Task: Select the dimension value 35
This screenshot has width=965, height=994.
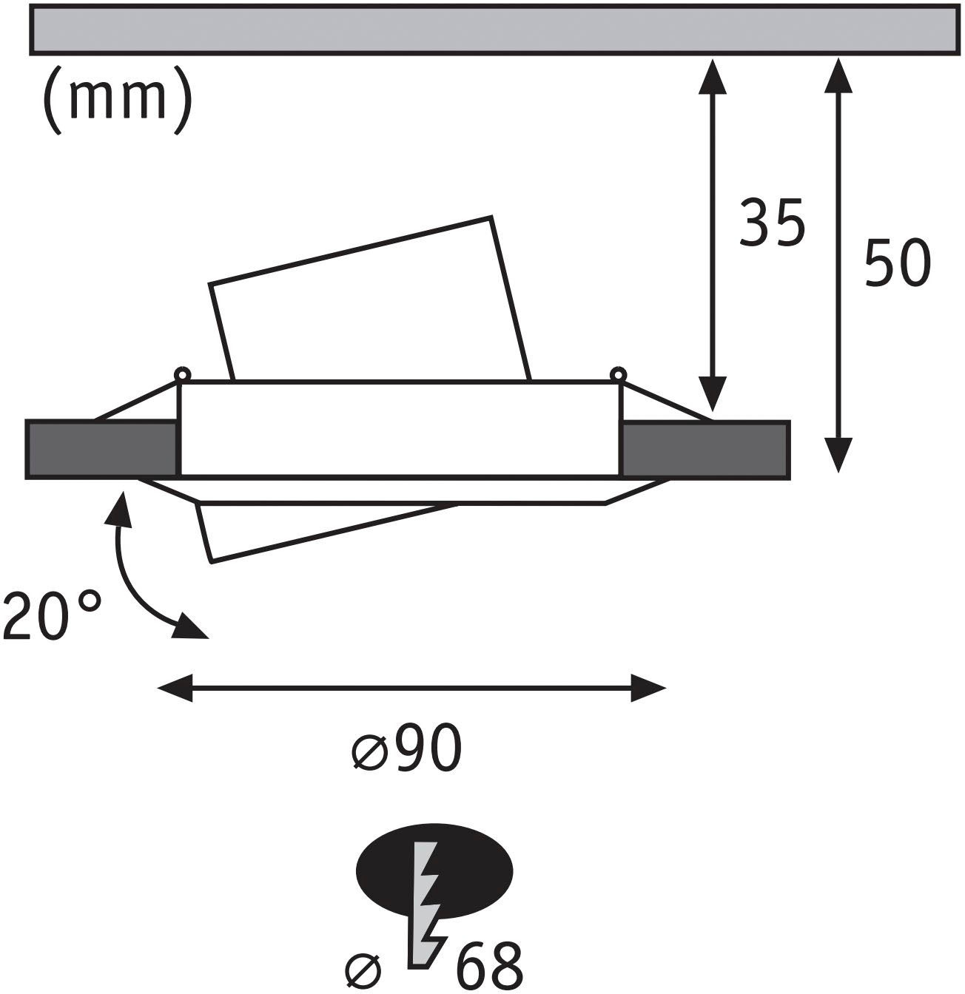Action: coord(771,223)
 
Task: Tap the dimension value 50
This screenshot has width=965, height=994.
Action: coord(896,264)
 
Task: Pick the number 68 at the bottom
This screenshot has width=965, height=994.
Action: coord(489,964)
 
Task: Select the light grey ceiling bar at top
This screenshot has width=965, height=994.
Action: coord(492,29)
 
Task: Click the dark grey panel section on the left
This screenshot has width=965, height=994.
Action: coord(102,449)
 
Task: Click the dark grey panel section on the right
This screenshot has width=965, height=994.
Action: coord(705,449)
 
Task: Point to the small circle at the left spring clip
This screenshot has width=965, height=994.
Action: coord(181,373)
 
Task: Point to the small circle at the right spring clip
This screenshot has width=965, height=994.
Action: coord(616,373)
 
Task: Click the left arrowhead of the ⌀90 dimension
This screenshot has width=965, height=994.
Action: coord(175,688)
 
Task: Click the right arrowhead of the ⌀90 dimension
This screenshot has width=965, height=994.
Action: coord(649,688)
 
